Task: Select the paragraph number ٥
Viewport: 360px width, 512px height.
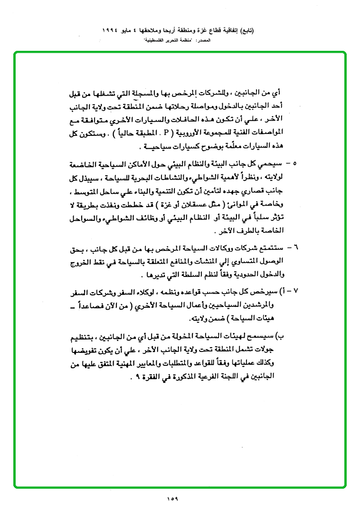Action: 295,164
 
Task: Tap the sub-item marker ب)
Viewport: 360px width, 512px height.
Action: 281,336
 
